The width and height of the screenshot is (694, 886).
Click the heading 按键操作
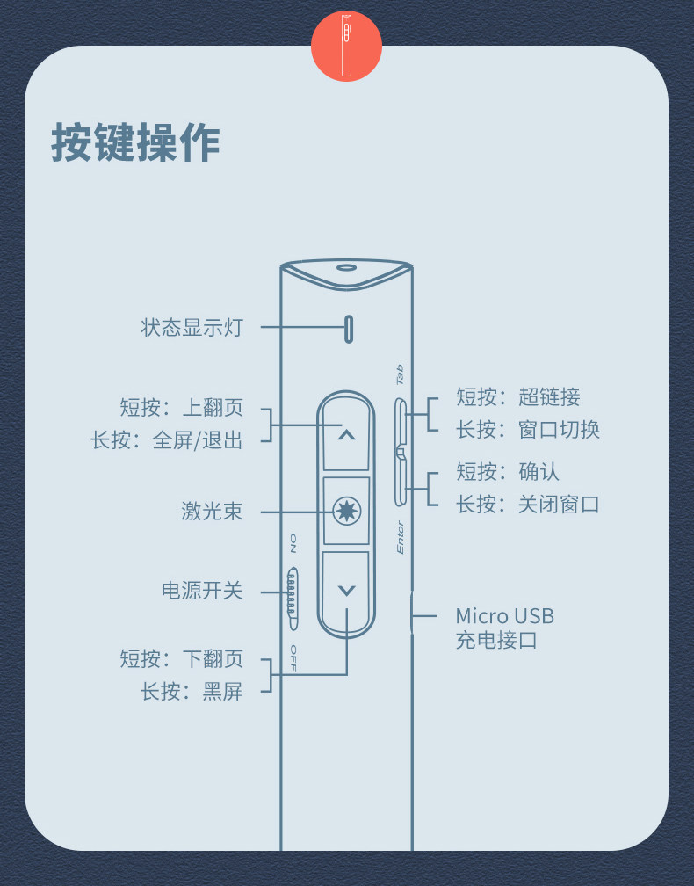[135, 142]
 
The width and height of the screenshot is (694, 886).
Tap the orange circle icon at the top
[346, 46]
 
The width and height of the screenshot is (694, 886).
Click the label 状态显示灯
[192, 328]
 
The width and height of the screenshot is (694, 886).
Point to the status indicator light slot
[349, 329]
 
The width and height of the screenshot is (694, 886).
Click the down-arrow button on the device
[346, 590]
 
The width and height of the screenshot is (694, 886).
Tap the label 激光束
[212, 512]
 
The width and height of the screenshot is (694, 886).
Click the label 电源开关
[202, 590]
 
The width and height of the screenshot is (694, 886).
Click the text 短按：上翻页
[182, 408]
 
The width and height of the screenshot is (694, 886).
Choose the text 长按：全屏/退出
[167, 439]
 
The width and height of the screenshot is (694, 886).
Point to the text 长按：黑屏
[192, 691]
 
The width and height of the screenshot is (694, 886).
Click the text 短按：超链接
[518, 397]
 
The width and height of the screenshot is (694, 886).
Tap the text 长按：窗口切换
[528, 430]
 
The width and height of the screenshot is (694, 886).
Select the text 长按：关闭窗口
[528, 505]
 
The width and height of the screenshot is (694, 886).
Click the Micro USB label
[504, 616]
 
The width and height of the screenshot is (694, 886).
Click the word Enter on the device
[401, 537]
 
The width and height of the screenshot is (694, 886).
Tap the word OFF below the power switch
[293, 657]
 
